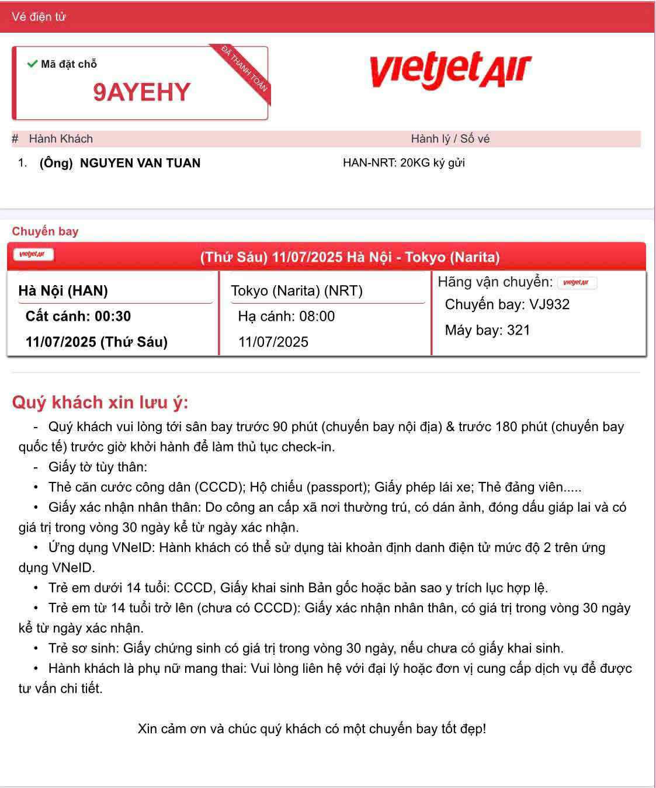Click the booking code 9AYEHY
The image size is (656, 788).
click(x=142, y=92)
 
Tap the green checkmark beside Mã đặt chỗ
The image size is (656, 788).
click(x=32, y=64)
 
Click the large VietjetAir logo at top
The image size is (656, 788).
click(x=450, y=71)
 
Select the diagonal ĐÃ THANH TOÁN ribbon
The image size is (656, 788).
click(x=245, y=68)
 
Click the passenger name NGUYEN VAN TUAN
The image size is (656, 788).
click(x=140, y=163)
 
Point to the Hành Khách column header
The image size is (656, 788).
click(x=61, y=138)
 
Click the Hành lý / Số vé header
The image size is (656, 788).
click(x=450, y=138)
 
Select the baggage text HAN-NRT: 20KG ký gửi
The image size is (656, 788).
click(x=404, y=162)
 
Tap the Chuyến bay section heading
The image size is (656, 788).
click(x=45, y=231)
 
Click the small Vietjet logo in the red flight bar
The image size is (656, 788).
click(x=33, y=254)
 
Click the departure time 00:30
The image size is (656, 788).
click(x=113, y=317)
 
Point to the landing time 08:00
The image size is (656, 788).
click(x=317, y=317)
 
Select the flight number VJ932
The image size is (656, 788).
click(x=549, y=304)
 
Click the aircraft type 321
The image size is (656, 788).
click(x=519, y=330)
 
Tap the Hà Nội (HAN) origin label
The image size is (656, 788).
click(x=63, y=290)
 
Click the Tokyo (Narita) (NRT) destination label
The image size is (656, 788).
click(x=297, y=290)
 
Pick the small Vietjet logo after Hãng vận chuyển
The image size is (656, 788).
click(x=577, y=283)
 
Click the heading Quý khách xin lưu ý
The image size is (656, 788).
click(x=100, y=402)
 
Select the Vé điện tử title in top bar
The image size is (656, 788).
click(x=39, y=16)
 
